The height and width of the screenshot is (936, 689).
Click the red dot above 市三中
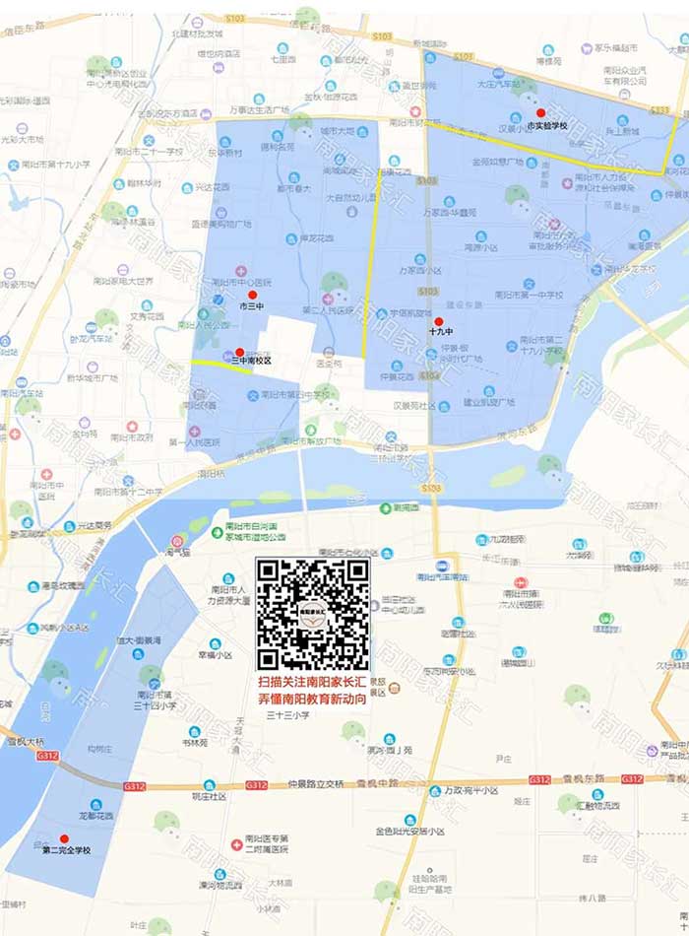[252, 295]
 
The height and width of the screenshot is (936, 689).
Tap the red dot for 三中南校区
[239, 352]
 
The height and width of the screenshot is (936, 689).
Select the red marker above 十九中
[439, 321]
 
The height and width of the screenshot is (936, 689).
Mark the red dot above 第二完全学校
[65, 838]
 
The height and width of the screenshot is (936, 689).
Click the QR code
[313, 615]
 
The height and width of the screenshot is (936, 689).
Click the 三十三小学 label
[288, 715]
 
